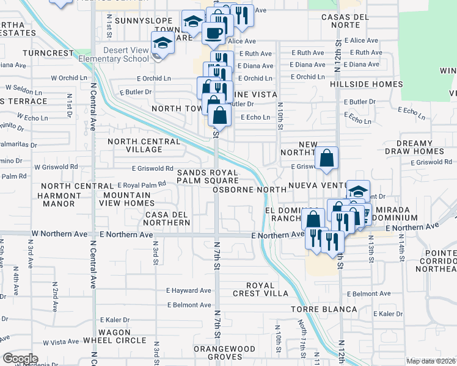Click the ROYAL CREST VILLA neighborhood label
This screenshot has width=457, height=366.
267,289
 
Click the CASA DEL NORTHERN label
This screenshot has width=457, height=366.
167,218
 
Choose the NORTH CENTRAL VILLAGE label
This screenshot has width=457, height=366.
144,145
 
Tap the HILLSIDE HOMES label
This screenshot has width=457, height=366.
366,84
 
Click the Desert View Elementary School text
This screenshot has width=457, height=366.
126,54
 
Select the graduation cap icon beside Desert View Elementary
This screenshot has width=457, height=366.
163,43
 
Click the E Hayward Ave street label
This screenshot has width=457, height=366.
191,291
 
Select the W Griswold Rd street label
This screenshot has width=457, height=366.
56,167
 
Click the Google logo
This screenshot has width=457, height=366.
20,359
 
